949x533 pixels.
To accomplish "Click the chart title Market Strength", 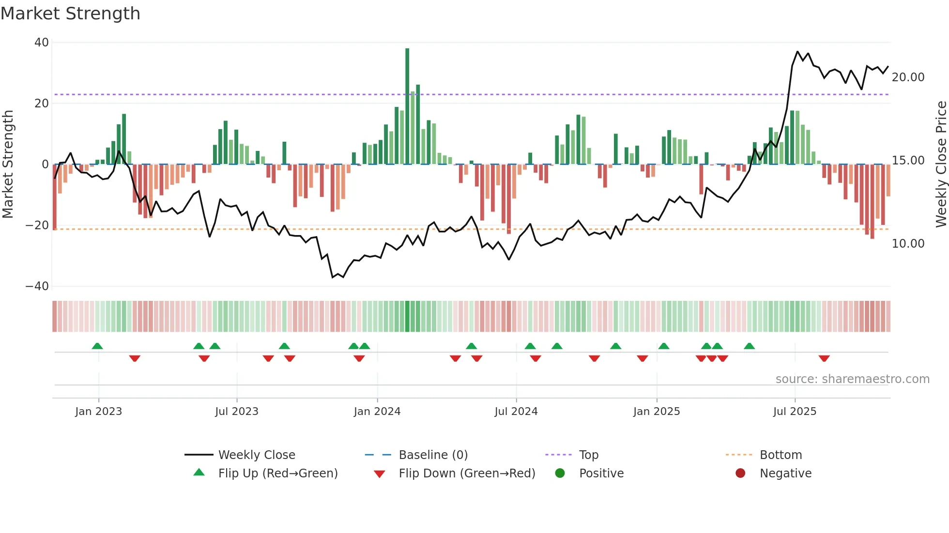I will (x=70, y=14).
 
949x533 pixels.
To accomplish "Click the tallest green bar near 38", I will (x=407, y=106).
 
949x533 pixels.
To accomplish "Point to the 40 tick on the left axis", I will (x=42, y=43).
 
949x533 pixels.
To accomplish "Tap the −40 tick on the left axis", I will (x=37, y=286).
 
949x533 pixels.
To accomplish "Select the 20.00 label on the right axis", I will (x=908, y=77).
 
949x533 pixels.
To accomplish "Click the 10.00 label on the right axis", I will (x=908, y=244).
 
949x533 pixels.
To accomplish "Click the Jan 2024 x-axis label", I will (x=377, y=412).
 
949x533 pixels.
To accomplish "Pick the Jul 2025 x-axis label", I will (x=795, y=412).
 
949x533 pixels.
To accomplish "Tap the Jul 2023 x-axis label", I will (x=237, y=412).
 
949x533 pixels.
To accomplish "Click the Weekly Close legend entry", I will (x=256, y=455).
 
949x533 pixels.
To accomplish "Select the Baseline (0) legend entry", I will (x=433, y=455).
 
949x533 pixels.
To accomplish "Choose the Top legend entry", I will (x=588, y=455).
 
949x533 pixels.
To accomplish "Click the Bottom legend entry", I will (x=781, y=455).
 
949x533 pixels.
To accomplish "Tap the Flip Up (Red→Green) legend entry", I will (x=277, y=474).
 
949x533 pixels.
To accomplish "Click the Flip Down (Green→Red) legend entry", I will (x=466, y=474).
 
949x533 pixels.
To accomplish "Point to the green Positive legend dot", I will (x=560, y=474).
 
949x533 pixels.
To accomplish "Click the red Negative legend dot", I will (x=740, y=474).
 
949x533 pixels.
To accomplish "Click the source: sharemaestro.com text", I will (x=852, y=379).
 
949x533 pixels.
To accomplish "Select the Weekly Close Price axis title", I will (x=941, y=164).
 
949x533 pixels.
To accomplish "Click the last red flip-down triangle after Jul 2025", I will (x=824, y=358).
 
